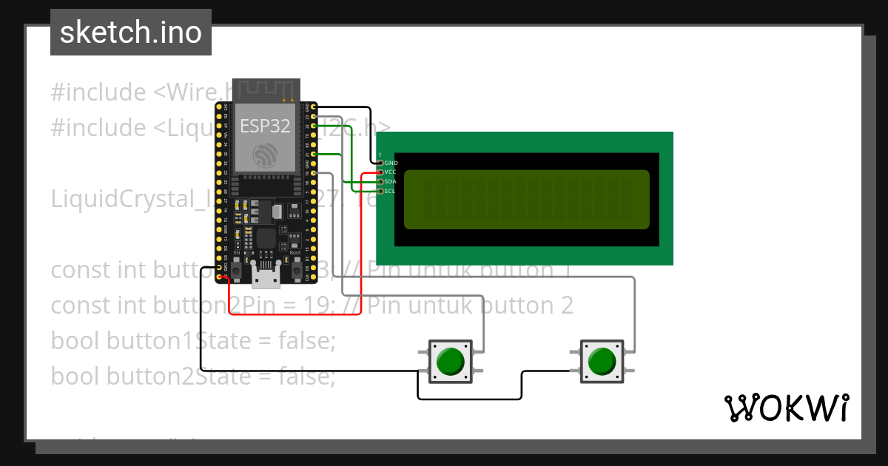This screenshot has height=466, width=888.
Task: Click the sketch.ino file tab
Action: click(130, 33)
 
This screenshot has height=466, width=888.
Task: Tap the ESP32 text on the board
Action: click(264, 126)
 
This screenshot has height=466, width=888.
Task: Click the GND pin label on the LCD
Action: click(391, 163)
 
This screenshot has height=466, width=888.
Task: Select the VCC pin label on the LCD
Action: click(391, 172)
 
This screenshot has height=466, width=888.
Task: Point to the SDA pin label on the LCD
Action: click(391, 181)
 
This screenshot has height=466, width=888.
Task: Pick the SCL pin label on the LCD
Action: click(391, 191)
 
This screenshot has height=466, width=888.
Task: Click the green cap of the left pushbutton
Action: click(450, 362)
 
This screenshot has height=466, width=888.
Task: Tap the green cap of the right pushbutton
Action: click(601, 362)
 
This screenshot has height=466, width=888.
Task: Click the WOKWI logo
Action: click(786, 408)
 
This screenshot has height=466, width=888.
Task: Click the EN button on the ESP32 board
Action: click(237, 273)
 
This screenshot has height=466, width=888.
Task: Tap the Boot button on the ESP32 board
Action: click(297, 273)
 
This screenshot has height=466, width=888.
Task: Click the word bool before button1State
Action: click(76, 341)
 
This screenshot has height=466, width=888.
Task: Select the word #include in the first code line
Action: click(98, 93)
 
